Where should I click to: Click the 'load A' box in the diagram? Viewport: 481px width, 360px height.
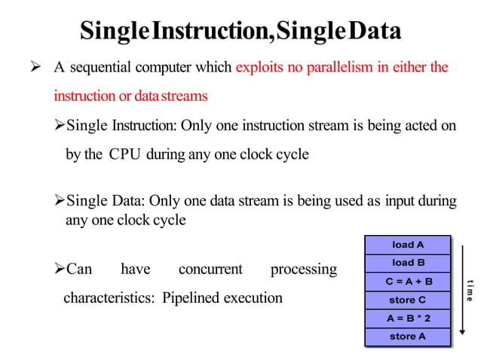tap(407, 245)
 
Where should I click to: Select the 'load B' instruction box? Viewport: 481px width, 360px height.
tap(407, 263)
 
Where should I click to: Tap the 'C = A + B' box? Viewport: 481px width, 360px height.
tap(407, 282)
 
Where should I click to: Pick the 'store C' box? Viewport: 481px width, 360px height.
tap(407, 300)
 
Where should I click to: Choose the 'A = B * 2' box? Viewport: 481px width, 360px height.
tap(407, 318)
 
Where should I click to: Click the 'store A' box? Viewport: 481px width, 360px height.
tap(407, 336)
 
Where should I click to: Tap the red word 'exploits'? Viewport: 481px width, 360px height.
tap(260, 68)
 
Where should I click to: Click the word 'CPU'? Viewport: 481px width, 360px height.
tap(125, 155)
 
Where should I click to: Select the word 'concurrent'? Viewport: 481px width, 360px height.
tap(210, 269)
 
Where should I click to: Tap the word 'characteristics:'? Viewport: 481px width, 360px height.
tap(109, 297)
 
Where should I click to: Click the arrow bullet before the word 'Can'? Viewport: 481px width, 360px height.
tap(60, 269)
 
